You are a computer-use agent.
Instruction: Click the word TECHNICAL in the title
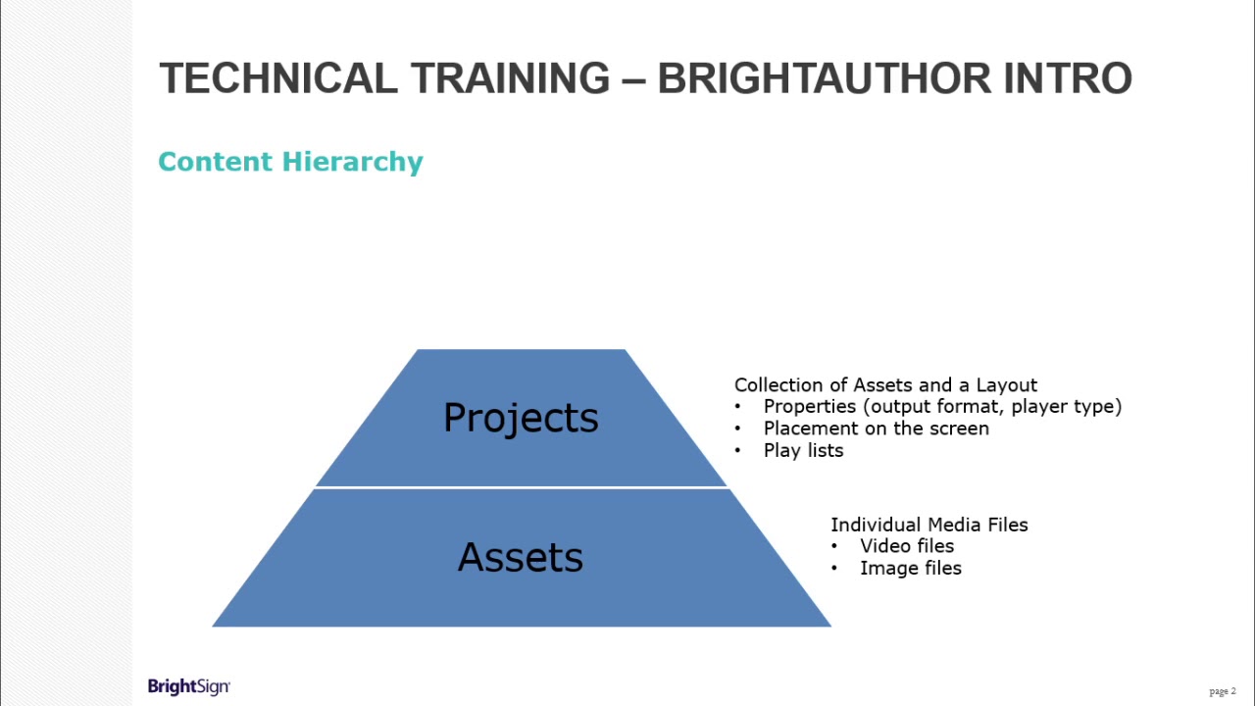coord(278,78)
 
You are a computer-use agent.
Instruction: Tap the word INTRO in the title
coord(1068,78)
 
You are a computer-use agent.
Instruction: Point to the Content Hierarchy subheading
coord(290,162)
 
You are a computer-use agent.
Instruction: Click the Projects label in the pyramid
coord(521,419)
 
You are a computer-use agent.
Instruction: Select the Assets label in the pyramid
coord(521,558)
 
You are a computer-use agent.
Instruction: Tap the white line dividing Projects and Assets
coord(521,487)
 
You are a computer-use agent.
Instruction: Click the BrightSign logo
coord(189,686)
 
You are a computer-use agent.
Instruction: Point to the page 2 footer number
coord(1223,691)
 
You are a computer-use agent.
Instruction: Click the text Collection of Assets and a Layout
coord(885,384)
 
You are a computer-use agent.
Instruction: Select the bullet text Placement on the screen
coord(876,429)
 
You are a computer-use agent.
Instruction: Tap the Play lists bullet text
coord(803,451)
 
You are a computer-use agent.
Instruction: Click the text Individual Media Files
coord(929,525)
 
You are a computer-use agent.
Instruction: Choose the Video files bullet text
coord(907,546)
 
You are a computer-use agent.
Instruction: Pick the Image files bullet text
coord(911,569)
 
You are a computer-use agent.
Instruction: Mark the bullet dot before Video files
coord(835,546)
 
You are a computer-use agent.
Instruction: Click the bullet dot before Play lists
coord(738,451)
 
